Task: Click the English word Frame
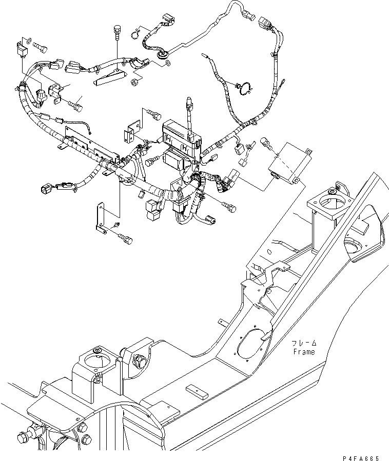[304, 352]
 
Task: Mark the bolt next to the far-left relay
[43, 47]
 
